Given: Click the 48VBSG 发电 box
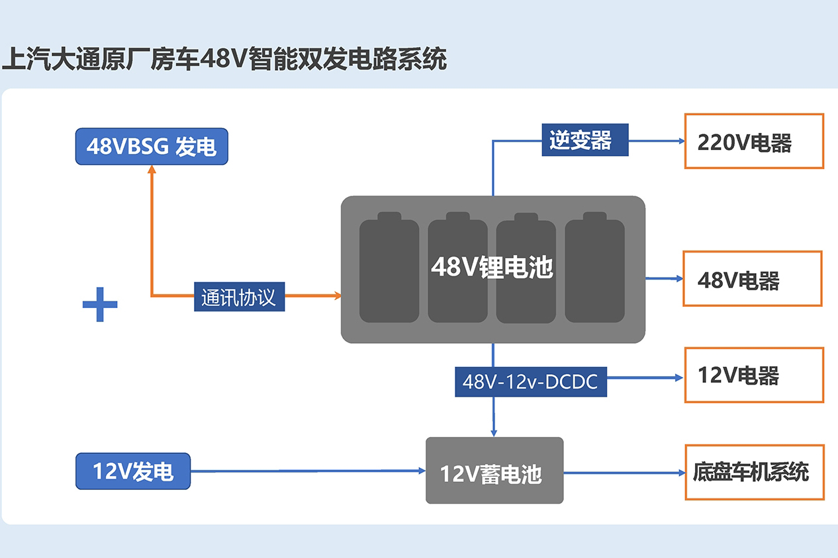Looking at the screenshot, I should (x=152, y=146).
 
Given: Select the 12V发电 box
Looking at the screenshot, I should (x=132, y=471).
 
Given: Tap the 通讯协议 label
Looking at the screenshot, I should (x=239, y=298).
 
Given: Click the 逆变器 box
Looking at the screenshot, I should (x=584, y=140).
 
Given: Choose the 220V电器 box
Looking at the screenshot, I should (x=754, y=141).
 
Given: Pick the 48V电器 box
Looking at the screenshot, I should (x=752, y=278).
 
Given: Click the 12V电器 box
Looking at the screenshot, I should (x=754, y=375).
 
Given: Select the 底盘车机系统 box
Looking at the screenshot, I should (x=754, y=472).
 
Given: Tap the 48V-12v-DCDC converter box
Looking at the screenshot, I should (x=530, y=381).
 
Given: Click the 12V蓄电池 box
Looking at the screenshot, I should (x=494, y=471).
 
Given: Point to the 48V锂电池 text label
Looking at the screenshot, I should (x=492, y=268).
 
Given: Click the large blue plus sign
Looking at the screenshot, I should (x=100, y=305).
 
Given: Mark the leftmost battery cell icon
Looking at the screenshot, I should (x=389, y=268).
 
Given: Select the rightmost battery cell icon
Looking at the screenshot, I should (x=594, y=268).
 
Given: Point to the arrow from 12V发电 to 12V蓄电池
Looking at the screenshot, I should (x=304, y=471).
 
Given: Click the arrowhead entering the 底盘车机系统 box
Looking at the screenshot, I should (x=680, y=473).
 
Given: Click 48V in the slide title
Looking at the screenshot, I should (x=222, y=59).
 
